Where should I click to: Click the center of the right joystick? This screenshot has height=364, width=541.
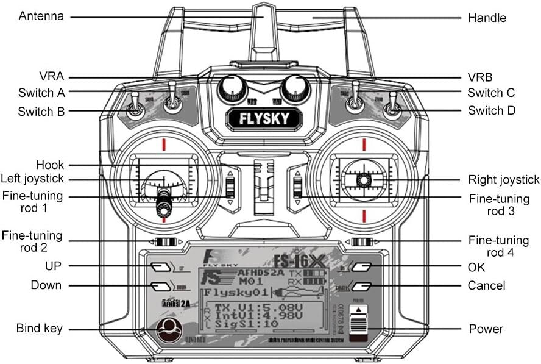364,179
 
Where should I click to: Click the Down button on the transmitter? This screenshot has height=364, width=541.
160,285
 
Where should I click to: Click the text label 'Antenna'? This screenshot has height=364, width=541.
41,16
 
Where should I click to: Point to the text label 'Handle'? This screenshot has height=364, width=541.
487,18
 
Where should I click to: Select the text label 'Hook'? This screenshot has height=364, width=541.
50,165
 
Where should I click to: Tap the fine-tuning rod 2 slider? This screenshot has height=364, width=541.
164,242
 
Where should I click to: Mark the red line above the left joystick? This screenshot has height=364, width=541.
164,145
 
